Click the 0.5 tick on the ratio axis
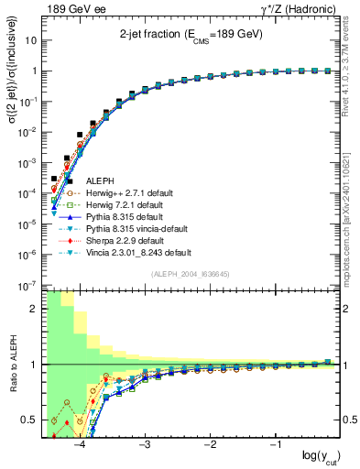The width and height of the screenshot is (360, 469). tap(33, 420)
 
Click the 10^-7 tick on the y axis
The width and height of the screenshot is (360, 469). tap(29, 285)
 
